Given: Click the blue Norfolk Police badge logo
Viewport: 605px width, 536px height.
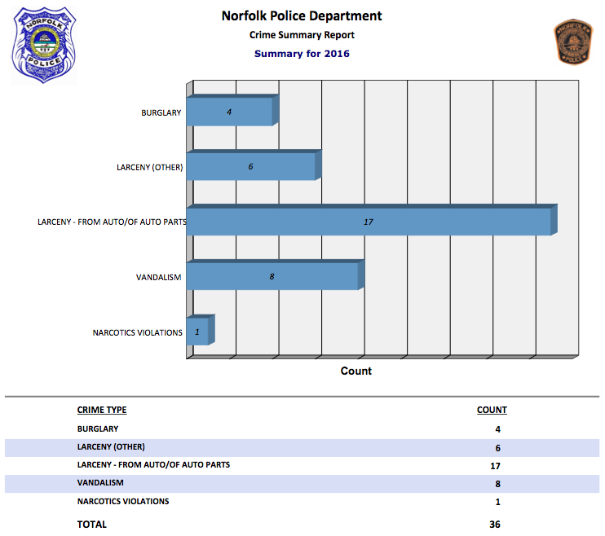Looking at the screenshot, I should pos(43,46).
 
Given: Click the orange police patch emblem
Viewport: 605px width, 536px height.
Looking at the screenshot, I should pos(573,42).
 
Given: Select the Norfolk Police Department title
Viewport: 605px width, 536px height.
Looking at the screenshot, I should pos(302,16).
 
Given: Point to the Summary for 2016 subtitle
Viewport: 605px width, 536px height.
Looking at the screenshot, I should pos(302,54).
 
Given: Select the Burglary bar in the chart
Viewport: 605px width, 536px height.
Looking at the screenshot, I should pos(231,112).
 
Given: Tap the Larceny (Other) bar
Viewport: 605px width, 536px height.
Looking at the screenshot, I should pos(252,166).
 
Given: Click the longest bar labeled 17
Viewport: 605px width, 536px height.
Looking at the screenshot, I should pos(369,222).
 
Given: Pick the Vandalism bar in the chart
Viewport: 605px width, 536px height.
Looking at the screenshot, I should pos(273,276).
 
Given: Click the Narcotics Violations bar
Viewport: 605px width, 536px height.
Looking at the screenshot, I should pos(198,332).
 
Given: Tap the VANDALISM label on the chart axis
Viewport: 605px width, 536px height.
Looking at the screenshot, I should pos(158,278).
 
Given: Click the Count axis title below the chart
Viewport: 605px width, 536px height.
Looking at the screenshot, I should pos(355,371).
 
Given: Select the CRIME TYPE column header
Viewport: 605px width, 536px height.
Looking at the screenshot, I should pos(102,410).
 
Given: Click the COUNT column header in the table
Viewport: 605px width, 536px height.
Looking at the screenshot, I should pos(492,410).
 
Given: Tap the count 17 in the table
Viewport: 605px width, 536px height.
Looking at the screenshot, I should pos(494,466).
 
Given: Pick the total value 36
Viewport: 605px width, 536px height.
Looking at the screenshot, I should pos(494,525).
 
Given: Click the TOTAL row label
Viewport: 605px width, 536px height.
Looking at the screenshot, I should pos(91,525).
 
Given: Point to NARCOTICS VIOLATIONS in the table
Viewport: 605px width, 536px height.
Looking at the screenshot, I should pos(123,501).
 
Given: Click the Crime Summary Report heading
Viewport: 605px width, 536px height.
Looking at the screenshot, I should pos(302,35).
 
